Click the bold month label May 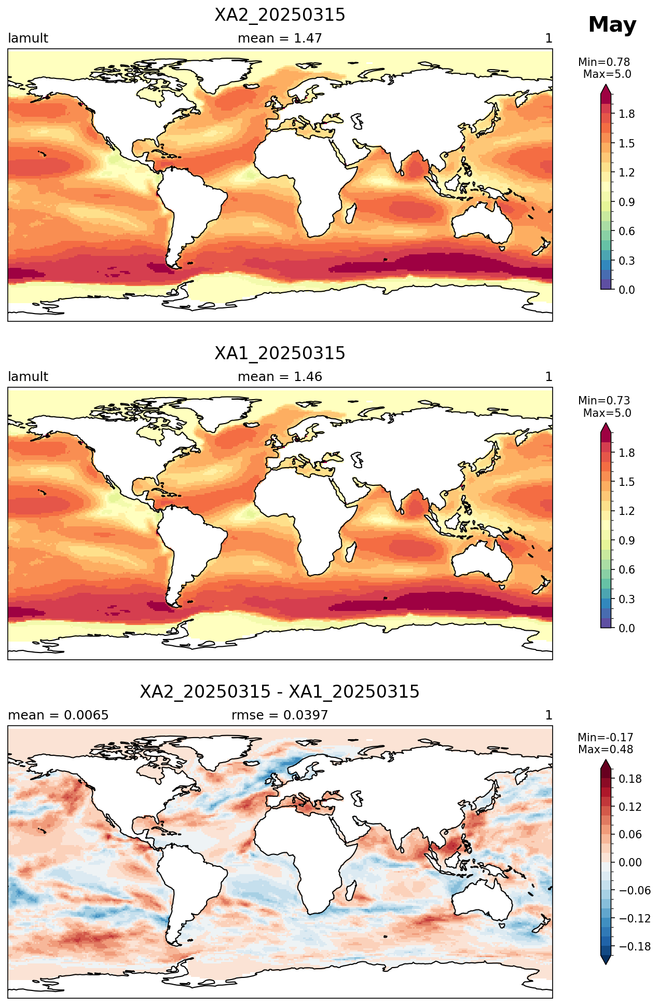point(612,25)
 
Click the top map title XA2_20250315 point(280,16)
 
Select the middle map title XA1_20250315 point(280,354)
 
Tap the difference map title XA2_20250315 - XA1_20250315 point(280,692)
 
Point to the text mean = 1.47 point(280,38)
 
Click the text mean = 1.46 point(280,377)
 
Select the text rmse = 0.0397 point(280,715)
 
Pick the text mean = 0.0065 point(58,715)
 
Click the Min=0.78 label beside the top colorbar point(604,62)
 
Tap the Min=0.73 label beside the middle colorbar point(604,401)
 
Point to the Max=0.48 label point(606,750)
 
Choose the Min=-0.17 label point(606,738)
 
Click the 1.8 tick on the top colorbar point(627,114)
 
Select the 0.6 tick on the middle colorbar point(627,570)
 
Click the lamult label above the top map point(28,38)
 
